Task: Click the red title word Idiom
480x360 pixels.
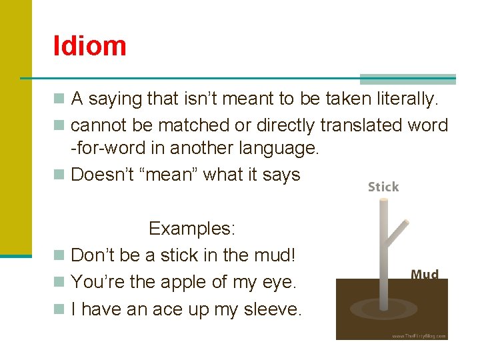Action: click(x=90, y=46)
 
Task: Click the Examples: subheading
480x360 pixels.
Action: click(x=192, y=229)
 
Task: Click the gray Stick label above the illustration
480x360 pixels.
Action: click(x=383, y=187)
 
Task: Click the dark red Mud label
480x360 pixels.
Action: click(x=425, y=275)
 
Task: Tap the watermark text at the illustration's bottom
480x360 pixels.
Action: click(x=419, y=335)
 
